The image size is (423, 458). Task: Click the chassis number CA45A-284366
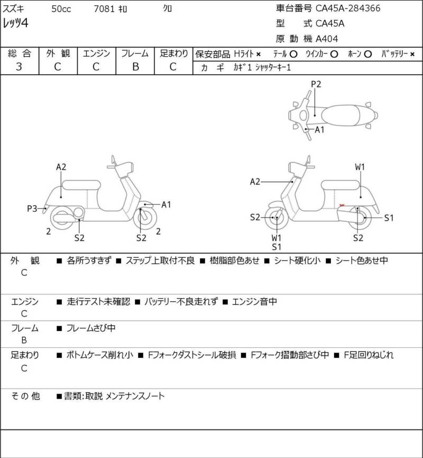[348, 8]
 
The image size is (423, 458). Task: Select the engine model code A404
[327, 39]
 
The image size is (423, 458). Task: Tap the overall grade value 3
[19, 67]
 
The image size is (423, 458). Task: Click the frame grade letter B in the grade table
[135, 67]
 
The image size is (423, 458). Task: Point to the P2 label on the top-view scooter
[316, 84]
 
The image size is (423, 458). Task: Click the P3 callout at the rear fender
[32, 209]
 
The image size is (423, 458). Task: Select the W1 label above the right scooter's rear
[360, 167]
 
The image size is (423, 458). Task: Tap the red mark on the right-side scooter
[342, 205]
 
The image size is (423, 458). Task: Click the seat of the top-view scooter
[341, 115]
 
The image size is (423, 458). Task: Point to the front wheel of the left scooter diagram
[145, 218]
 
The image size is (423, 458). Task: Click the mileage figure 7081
[104, 9]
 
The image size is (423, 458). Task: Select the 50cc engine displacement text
[61, 9]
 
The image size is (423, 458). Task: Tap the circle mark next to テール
[293, 54]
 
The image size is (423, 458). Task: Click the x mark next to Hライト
[258, 55]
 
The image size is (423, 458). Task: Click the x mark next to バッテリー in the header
[412, 55]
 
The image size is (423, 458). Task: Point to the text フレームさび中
[91, 328]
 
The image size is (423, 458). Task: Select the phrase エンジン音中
[254, 301]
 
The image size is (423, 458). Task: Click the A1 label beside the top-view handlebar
[319, 130]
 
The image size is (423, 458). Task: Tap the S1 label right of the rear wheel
[389, 218]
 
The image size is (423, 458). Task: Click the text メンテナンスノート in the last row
[135, 396]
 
